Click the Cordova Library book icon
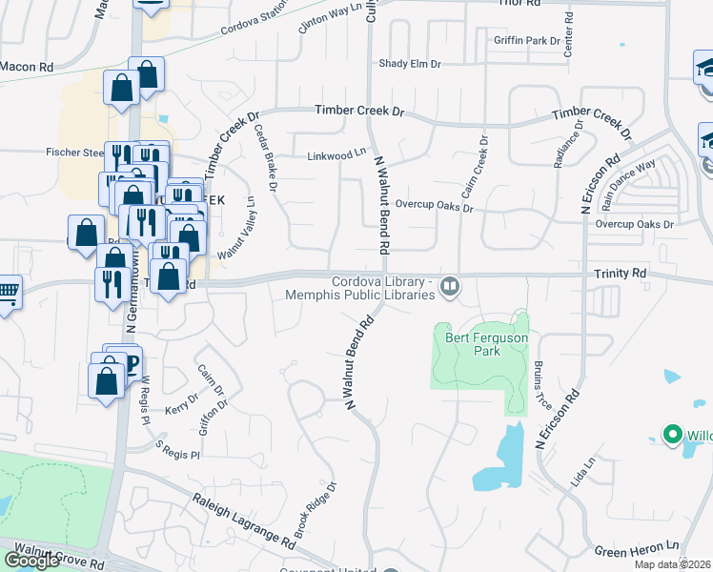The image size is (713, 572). (x=450, y=285)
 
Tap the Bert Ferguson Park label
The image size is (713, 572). (x=473, y=343)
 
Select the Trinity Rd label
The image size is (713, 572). (x=620, y=274)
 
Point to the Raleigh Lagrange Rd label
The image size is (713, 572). (x=243, y=520)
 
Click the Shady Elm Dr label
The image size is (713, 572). (x=410, y=64)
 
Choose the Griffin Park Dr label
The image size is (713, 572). (x=527, y=41)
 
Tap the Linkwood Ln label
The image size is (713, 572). (x=336, y=154)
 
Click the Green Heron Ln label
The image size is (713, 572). (x=636, y=549)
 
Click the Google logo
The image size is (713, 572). (x=31, y=560)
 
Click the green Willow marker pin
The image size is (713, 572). (x=672, y=437)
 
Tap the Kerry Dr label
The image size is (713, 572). (x=180, y=408)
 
